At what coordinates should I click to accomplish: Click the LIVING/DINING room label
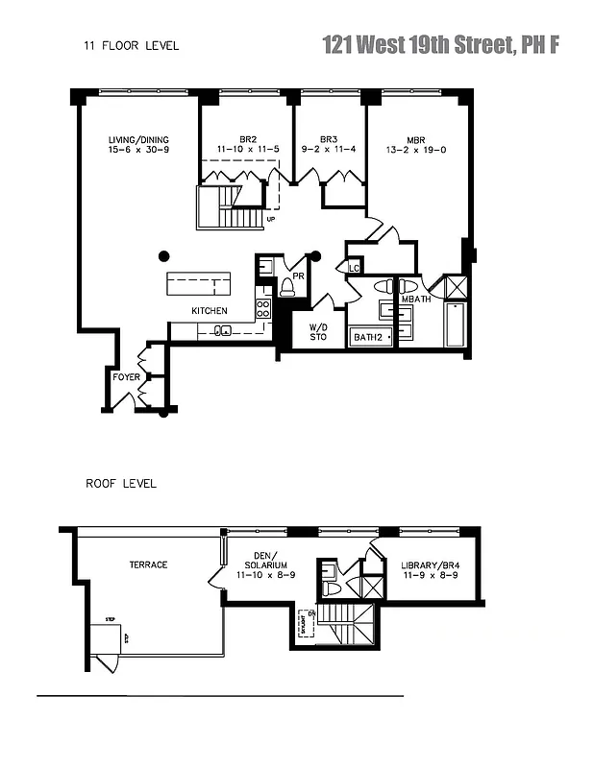pos(139,139)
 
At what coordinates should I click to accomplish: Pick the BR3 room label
pos(329,139)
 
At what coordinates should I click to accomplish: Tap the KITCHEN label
pos(210,311)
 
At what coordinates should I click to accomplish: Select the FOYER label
pos(126,377)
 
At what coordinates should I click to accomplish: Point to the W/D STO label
pos(318,332)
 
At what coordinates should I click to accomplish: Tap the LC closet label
pos(355,268)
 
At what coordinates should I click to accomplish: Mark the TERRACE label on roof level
pos(148,564)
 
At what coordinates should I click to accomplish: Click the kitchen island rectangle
pos(199,284)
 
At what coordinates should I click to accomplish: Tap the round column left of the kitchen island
pos(164,255)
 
